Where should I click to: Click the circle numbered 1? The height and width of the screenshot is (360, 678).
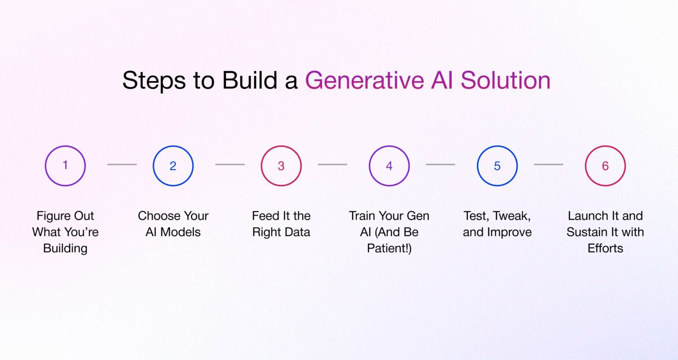[x=65, y=166]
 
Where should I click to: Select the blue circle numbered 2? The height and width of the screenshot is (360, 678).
[x=173, y=166]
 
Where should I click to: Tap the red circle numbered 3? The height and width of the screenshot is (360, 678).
[x=281, y=166]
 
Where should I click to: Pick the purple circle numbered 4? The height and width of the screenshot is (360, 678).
[x=389, y=166]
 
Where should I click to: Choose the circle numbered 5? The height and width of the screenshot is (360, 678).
[x=497, y=166]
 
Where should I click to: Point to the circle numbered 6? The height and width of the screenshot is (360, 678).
[x=605, y=166]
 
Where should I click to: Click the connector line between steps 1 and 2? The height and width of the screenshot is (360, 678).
[x=122, y=165]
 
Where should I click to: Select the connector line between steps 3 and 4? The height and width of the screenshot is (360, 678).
[x=332, y=165]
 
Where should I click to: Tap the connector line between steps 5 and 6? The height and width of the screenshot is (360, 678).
[x=548, y=165]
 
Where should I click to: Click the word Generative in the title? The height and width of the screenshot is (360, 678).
[x=364, y=81]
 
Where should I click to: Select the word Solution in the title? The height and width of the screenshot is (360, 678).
[x=505, y=81]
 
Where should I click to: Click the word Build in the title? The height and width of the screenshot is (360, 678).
[x=249, y=81]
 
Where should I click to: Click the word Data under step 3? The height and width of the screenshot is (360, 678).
[x=297, y=232]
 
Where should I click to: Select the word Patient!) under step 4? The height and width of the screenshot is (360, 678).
[x=389, y=248]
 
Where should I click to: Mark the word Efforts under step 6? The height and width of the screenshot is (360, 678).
[x=605, y=248]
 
